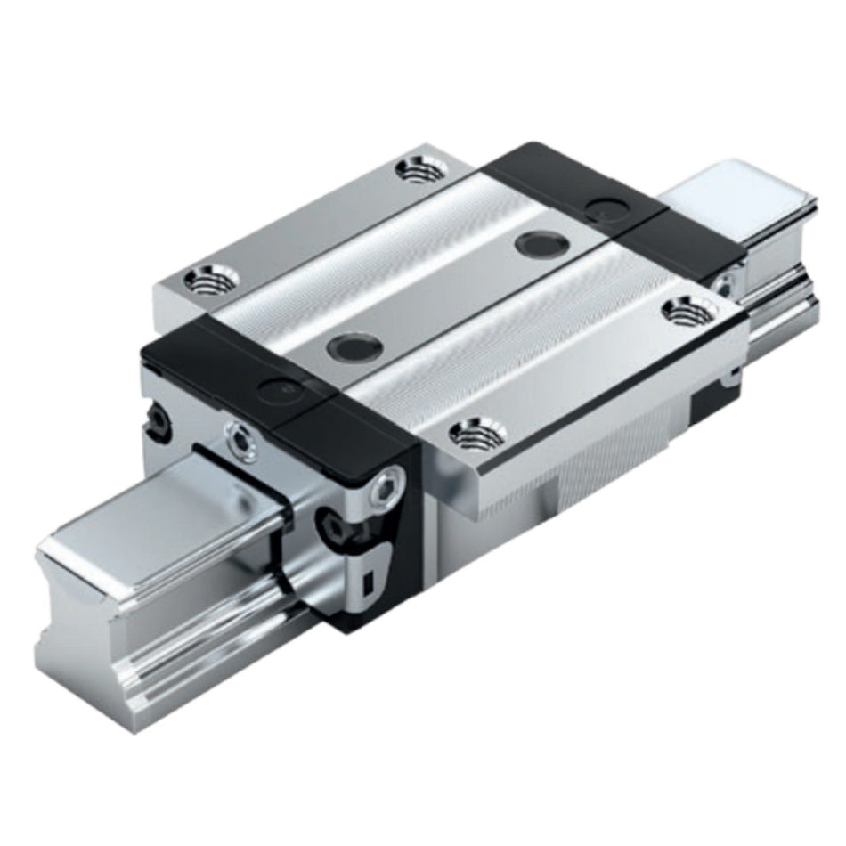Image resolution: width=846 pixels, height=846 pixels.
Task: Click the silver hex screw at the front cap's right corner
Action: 389,487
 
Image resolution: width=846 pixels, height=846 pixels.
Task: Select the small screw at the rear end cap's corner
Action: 725,286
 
